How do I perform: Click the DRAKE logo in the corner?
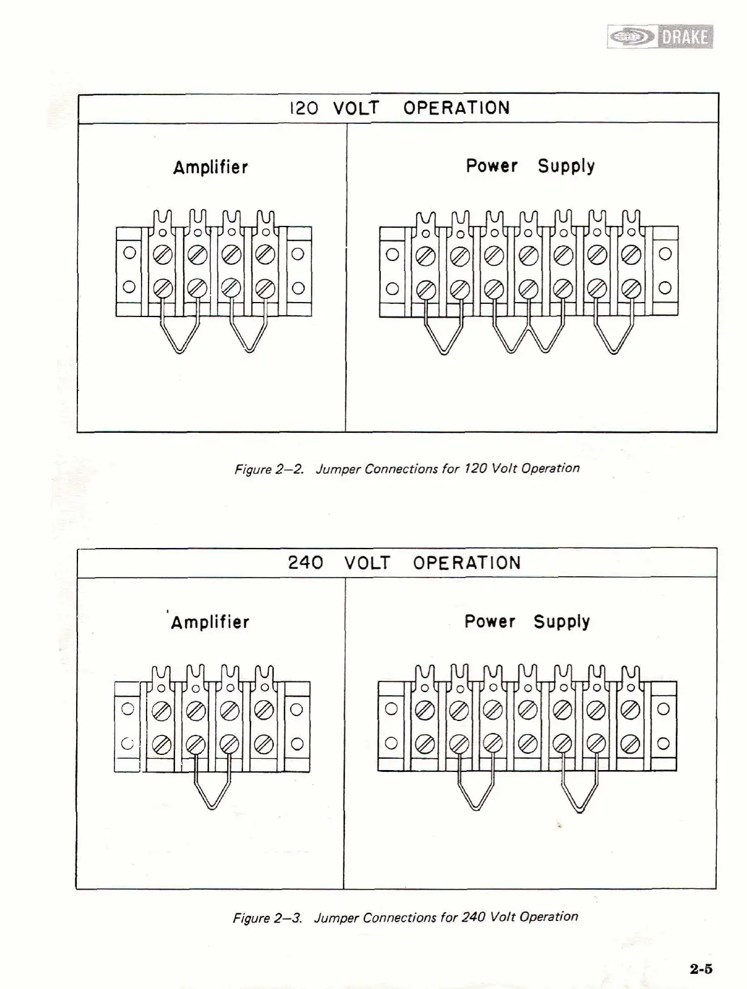pos(660,37)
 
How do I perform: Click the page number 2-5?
pos(700,969)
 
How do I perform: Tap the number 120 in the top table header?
pos(303,108)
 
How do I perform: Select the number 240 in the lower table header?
pos(305,562)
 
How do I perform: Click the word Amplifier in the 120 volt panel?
pos(210,167)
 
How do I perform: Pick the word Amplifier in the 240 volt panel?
pos(210,622)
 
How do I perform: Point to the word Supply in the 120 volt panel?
pos(566,166)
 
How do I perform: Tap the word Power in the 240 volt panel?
pos(490,622)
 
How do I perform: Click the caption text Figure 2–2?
pos(269,469)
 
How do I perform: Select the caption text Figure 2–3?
pos(267,918)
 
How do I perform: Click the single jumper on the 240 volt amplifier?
pos(212,786)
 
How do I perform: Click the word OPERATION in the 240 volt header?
pos(466,562)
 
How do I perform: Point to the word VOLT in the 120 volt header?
pos(356,108)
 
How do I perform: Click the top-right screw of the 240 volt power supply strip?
pos(629,709)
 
